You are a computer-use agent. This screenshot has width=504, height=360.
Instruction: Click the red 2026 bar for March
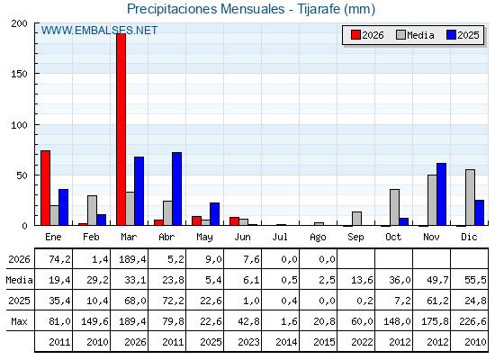click(121, 130)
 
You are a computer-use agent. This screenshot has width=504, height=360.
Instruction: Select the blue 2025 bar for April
click(176, 189)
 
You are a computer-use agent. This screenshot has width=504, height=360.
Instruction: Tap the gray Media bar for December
click(470, 197)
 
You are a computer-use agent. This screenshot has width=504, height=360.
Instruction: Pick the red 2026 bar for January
click(46, 188)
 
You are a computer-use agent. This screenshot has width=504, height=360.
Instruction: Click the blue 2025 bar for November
click(441, 194)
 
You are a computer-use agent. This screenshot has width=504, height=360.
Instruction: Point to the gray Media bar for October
click(395, 207)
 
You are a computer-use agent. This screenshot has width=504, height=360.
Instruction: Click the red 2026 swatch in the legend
click(355, 35)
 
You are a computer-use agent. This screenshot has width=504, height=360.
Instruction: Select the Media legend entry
click(415, 35)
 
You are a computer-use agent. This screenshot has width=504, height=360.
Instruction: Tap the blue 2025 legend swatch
click(451, 35)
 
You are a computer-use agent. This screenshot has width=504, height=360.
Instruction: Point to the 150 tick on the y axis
click(19, 74)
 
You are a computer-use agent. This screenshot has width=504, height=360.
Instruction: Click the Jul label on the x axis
click(280, 237)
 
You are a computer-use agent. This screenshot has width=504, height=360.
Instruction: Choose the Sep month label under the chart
click(355, 238)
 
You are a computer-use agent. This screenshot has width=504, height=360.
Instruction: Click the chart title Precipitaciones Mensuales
click(206, 9)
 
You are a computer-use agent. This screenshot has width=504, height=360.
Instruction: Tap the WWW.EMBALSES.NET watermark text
click(99, 31)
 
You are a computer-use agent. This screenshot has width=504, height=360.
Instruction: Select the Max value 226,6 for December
click(472, 321)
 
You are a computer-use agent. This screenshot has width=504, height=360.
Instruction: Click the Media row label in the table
click(19, 280)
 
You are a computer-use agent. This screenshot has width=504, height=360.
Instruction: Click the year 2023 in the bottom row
click(248, 342)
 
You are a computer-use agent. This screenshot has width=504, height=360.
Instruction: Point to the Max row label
click(19, 321)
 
